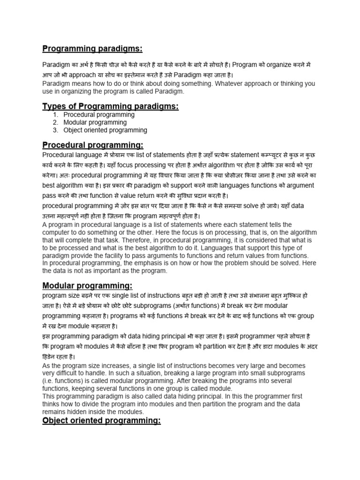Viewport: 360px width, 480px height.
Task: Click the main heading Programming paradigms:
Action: pyautogui.click(x=92, y=49)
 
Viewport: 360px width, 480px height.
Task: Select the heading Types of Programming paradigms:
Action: pyautogui.click(x=111, y=107)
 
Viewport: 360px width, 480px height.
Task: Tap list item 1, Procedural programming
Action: pyautogui.click(x=99, y=114)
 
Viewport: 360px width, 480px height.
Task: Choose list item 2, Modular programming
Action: pyautogui.click(x=95, y=122)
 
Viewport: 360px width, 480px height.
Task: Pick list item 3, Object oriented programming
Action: pyautogui.click(x=105, y=130)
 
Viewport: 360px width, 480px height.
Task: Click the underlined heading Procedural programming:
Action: pyautogui.click(x=93, y=145)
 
